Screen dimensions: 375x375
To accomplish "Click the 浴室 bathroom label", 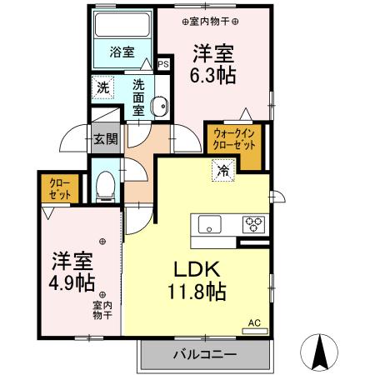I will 122,52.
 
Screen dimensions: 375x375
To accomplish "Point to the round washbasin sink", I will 160,105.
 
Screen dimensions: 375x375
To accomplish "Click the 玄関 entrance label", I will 104,140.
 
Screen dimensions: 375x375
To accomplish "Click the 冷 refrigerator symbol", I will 223,170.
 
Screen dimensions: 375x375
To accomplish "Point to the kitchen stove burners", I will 253,223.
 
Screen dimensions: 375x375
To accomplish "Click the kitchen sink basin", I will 207,223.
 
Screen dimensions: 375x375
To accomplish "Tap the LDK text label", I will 196,271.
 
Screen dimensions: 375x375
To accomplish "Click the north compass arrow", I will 319,351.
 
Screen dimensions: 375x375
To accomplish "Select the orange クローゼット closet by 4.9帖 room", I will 59,187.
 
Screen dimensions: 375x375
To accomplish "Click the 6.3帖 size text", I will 214,76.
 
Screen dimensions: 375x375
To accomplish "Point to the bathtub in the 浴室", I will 122,27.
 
